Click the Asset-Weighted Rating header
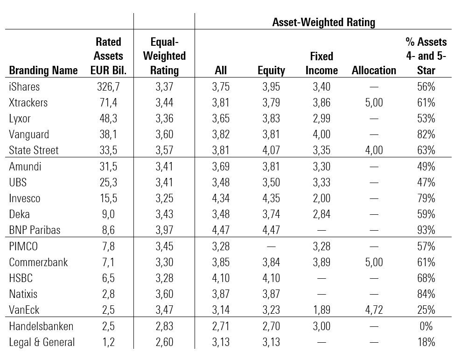click(323, 22)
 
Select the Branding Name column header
click(43, 71)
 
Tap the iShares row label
click(24, 87)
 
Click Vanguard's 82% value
click(426, 134)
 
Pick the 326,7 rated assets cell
click(108, 87)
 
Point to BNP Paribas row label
click(35, 230)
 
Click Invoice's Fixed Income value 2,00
click(321, 198)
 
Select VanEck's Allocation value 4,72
click(373, 310)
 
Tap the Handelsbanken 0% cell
click(426, 326)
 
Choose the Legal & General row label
click(42, 342)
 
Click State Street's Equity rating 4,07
click(271, 150)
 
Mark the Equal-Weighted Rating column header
click(164, 56)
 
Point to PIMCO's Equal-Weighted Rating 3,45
click(164, 247)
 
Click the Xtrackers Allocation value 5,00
click(373, 103)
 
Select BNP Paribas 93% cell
click(426, 230)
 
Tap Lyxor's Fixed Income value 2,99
click(321, 119)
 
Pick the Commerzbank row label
click(38, 262)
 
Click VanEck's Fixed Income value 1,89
click(321, 310)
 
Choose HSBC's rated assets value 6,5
click(108, 278)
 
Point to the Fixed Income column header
click(321, 63)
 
